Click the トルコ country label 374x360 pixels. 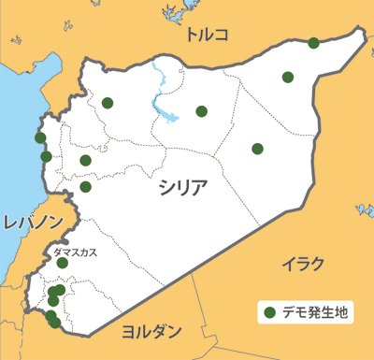point(207,36)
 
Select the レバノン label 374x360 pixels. point(33,223)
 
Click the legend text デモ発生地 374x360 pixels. point(313,312)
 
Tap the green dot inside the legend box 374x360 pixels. point(268,312)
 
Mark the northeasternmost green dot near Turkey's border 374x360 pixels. point(313,42)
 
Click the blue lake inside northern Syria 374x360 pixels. point(169,116)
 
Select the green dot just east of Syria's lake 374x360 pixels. point(201,111)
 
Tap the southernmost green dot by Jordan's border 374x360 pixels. point(55,323)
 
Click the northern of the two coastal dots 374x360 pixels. point(40,138)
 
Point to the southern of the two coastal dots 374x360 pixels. point(46,156)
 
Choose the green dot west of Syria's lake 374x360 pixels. point(108,103)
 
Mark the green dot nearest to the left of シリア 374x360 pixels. point(85,186)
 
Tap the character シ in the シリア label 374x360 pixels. point(165,185)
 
